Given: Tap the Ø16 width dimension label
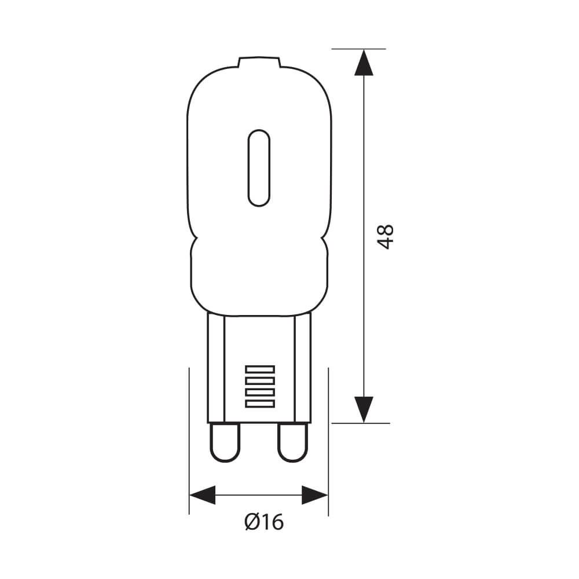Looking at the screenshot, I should pos(264,523).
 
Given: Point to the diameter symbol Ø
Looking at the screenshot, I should pos(251,523).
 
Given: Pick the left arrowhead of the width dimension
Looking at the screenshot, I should pos(203,495).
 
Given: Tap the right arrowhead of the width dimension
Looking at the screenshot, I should pos(314,495).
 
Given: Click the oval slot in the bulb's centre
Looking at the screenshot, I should pos(259,168).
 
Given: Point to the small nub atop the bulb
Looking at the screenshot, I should pos(259,61).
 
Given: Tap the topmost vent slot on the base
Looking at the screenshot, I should pos(259,369).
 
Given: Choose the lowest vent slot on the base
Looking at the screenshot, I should pos(259,402).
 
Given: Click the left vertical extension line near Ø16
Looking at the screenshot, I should pos(189,440).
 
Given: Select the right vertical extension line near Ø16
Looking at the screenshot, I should pos(328,440).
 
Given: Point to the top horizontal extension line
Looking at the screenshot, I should pos(358,49).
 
